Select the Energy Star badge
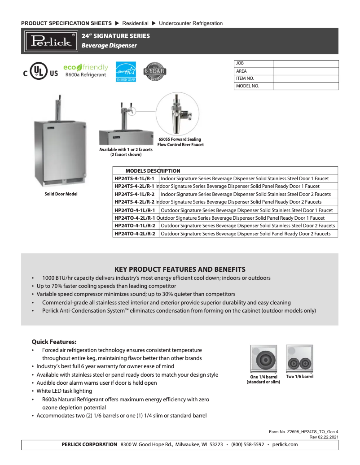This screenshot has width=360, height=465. pos(126,71)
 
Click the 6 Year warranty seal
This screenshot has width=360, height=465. pos(154,71)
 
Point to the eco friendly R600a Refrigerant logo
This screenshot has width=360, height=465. pos(86,71)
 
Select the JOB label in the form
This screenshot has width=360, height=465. pos(240,64)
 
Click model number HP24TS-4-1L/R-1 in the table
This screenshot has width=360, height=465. pos(135,178)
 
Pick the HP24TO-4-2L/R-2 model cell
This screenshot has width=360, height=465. pos(135,234)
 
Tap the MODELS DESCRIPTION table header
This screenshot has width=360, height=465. pos(153,171)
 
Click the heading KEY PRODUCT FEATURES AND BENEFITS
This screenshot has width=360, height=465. pos(180,269)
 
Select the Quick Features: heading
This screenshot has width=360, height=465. pos(54,341)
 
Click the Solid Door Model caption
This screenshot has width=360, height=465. pos(61,194)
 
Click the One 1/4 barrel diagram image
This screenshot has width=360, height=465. pos(263,359)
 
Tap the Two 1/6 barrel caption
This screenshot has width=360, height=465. pos(299,377)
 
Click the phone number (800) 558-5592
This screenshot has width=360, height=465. pos(247,444)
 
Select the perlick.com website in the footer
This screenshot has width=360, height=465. pos(285,444)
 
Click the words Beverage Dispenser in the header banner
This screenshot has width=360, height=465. pos(109,45)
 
